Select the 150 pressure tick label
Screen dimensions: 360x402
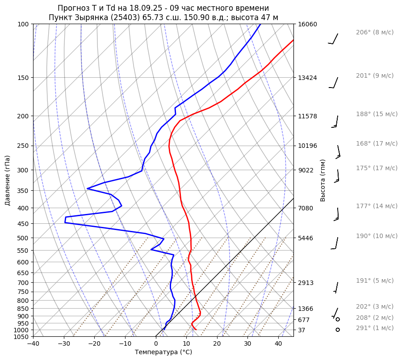(24, 78)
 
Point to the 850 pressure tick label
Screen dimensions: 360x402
(24, 309)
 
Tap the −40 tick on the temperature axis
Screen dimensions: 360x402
(33, 343)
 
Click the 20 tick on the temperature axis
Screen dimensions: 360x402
(217, 343)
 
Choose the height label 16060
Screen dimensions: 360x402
(307, 24)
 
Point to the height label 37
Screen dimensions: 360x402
(302, 330)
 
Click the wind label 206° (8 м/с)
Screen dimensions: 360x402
(374, 33)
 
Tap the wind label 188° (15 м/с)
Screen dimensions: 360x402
(377, 114)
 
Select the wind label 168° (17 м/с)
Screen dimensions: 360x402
(377, 143)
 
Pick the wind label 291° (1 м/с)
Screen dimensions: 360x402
(374, 328)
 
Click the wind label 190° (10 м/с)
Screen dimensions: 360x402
(377, 236)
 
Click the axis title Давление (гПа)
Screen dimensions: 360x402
(8, 180)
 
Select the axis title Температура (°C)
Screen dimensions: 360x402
(163, 352)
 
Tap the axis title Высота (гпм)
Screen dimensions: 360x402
(323, 180)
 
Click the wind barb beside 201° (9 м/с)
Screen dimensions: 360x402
(334, 83)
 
